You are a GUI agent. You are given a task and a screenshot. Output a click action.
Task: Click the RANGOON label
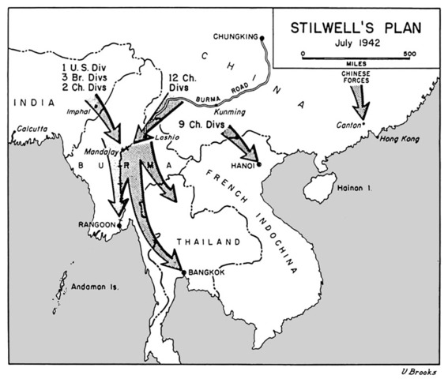click(96, 224)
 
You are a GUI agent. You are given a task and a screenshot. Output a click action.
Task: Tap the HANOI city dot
click(258, 164)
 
